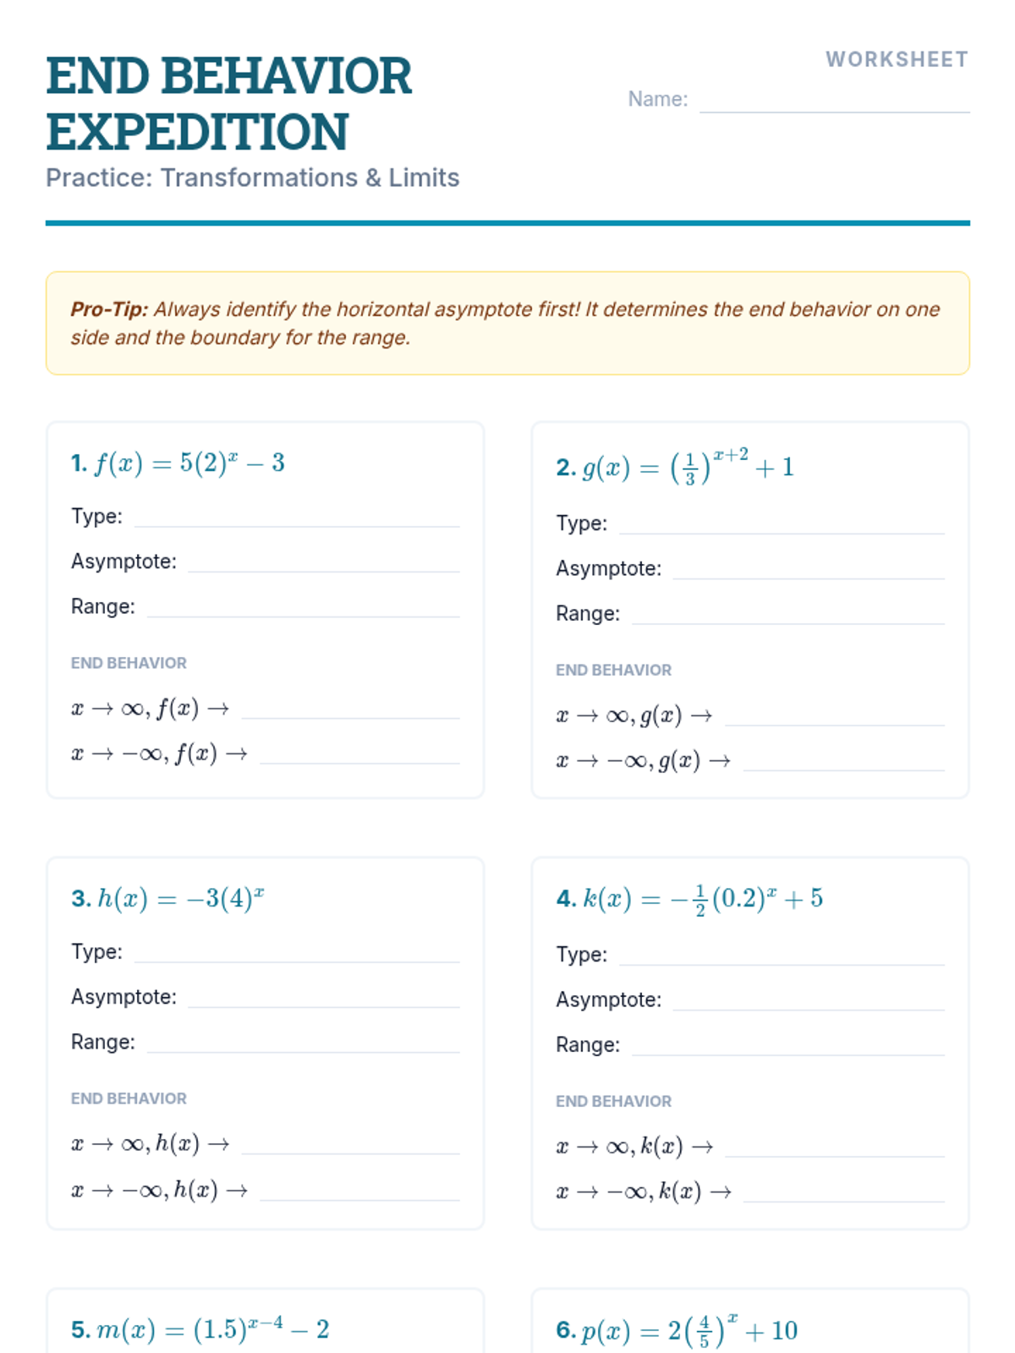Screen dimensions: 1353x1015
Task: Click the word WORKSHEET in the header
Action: [897, 59]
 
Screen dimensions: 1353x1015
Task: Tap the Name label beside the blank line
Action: [657, 99]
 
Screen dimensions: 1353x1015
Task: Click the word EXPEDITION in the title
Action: [197, 132]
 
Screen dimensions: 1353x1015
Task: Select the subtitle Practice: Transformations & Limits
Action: [252, 178]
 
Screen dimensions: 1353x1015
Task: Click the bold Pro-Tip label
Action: [109, 309]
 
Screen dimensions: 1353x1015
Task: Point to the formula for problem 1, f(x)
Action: [189, 463]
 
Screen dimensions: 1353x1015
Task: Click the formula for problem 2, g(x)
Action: [687, 467]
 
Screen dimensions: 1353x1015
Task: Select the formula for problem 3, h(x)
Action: [180, 898]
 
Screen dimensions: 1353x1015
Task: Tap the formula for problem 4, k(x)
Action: [701, 898]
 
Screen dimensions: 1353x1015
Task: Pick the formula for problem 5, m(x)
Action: [211, 1329]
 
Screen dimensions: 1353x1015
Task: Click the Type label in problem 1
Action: [96, 516]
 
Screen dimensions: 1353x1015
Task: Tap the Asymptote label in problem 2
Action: [608, 568]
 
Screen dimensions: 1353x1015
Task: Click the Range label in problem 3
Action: [102, 1042]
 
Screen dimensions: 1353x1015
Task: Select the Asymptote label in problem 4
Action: [608, 1000]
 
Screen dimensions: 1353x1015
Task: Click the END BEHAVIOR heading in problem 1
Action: [129, 663]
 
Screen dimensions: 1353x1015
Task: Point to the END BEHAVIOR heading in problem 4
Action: [613, 1101]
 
